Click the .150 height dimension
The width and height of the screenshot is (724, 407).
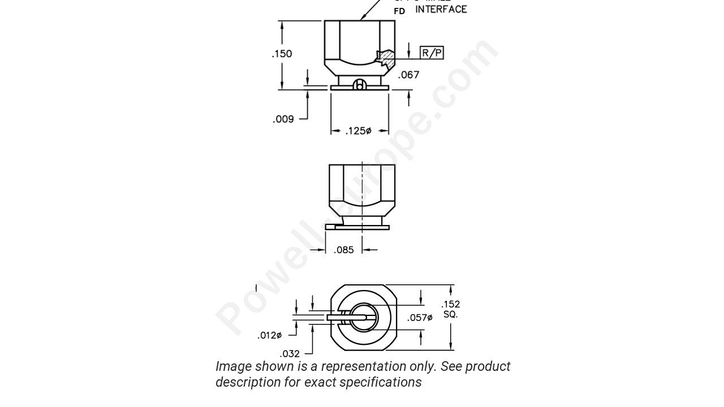(x=282, y=54)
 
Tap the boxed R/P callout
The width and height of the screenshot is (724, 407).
(x=432, y=53)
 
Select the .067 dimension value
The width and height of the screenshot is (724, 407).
(x=408, y=75)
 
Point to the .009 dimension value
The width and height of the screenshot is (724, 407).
(x=283, y=119)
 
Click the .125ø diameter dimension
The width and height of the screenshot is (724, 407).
(x=359, y=131)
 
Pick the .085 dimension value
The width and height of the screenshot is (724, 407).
(x=343, y=250)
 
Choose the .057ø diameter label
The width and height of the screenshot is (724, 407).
(x=420, y=318)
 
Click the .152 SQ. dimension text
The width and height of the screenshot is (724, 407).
(x=451, y=309)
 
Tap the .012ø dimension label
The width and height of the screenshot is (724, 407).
(x=269, y=335)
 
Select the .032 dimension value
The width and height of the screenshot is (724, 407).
(x=290, y=354)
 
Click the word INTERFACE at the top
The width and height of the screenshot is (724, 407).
(x=441, y=10)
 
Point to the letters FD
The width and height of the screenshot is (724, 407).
(x=399, y=11)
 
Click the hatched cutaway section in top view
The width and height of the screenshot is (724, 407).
(x=386, y=58)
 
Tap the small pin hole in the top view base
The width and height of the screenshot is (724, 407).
(x=359, y=85)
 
